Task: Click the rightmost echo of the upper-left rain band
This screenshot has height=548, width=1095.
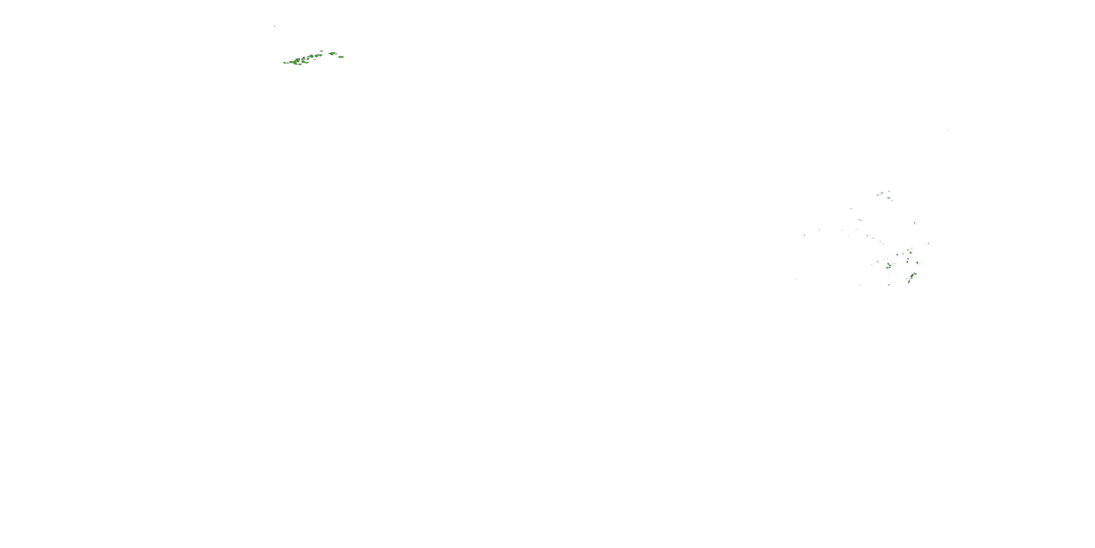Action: tap(341, 57)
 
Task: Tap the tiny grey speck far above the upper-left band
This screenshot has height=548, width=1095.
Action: tap(274, 26)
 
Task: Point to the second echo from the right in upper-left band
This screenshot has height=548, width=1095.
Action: tap(333, 54)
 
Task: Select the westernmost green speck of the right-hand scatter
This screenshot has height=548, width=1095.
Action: tap(805, 235)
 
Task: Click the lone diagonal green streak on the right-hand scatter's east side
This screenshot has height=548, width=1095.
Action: tap(914, 222)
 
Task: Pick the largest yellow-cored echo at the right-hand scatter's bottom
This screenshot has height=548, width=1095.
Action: tap(912, 276)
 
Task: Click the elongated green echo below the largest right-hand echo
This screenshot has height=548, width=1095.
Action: tap(909, 282)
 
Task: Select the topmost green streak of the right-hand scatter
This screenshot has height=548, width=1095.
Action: tap(888, 191)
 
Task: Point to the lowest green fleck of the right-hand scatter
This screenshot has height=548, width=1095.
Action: tap(889, 285)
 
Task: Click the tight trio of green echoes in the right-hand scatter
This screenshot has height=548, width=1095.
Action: tap(888, 266)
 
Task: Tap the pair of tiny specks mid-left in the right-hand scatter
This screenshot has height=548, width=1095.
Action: tap(860, 220)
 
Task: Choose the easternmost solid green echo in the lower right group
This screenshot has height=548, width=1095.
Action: tap(917, 263)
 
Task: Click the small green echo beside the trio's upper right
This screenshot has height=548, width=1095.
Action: tap(897, 255)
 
